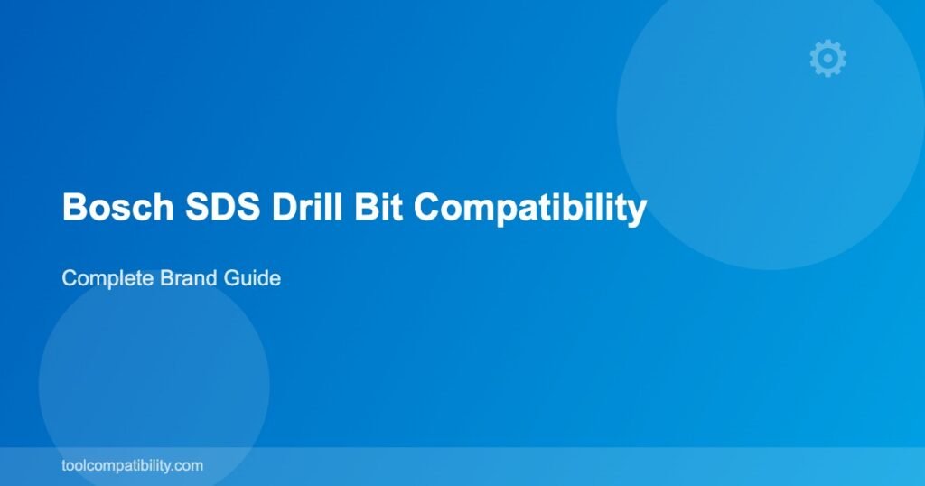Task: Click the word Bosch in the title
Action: pos(118,207)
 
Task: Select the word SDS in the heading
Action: pos(222,207)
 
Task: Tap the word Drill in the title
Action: pos(307,207)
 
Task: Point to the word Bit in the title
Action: pos(378,207)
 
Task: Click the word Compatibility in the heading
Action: pos(529,208)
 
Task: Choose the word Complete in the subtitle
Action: pos(108,278)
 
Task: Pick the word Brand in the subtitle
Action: pos(189,278)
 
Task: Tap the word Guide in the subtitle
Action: pos(252,278)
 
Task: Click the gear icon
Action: pos(827,58)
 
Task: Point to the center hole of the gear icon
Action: pos(827,58)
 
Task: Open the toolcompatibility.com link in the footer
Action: pos(132,465)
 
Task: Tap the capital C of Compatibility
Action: pos(426,207)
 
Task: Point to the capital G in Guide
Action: pos(231,278)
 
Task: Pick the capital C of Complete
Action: pos(70,278)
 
